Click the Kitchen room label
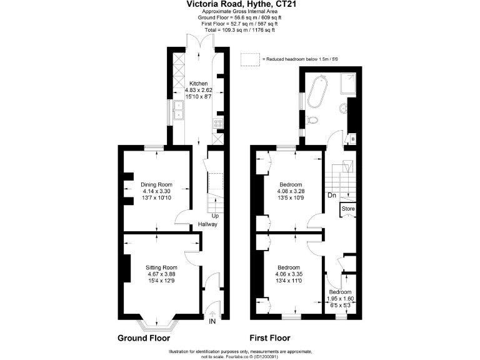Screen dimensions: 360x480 pyautogui.click(x=199, y=84)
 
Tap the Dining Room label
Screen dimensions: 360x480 pyautogui.click(x=156, y=184)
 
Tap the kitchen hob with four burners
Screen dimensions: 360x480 pyautogui.click(x=219, y=123)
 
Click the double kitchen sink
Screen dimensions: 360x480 pyautogui.click(x=178, y=111)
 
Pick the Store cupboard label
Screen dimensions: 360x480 pyautogui.click(x=348, y=209)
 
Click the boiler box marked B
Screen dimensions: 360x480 pyautogui.click(x=352, y=139)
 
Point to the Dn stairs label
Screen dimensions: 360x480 pyautogui.click(x=332, y=196)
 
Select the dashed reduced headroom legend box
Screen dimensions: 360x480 pyautogui.click(x=250, y=58)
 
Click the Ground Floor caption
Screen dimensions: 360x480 pyautogui.click(x=144, y=338)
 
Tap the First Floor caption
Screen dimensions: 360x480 pyautogui.click(x=270, y=338)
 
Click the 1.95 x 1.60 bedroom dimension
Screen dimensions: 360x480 pyautogui.click(x=341, y=299)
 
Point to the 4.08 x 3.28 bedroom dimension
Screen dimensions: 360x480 pyautogui.click(x=291, y=192)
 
